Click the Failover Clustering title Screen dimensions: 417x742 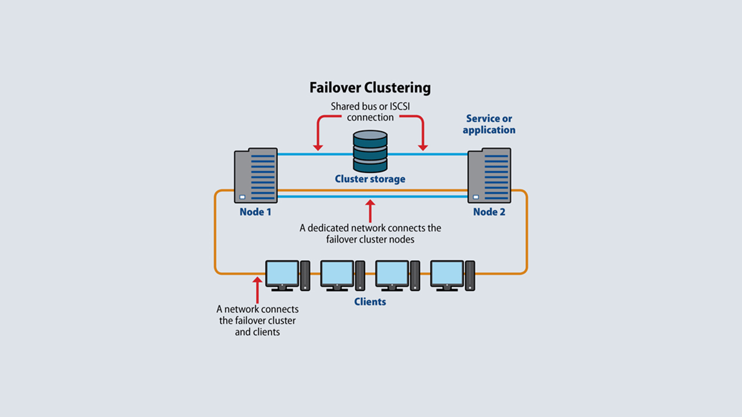tap(370, 88)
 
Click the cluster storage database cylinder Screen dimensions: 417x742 tap(370, 151)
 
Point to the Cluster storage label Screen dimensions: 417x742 tap(370, 179)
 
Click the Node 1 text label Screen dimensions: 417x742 tap(256, 212)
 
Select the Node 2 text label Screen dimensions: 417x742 tap(489, 212)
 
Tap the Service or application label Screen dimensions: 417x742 tap(489, 124)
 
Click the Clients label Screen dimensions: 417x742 tap(370, 302)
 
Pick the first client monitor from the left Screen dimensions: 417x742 tap(282, 273)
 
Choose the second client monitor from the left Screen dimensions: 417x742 tap(337, 273)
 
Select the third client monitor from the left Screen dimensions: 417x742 tap(392, 273)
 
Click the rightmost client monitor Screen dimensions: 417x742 tap(447, 273)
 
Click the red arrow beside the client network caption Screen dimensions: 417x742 tap(257, 290)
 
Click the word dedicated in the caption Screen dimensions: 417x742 tap(329, 228)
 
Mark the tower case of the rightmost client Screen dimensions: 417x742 tap(470, 275)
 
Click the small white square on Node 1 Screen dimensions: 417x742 tap(242, 197)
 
